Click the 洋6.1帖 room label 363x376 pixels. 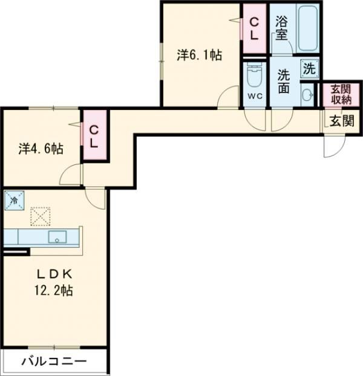(199, 55)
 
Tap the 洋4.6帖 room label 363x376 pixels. (41, 148)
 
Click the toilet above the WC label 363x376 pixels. (254, 76)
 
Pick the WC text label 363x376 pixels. (254, 97)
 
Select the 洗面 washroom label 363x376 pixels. (284, 82)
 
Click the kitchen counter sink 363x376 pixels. (57, 237)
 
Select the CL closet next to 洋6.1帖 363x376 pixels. (254, 28)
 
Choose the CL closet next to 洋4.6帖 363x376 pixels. (94, 136)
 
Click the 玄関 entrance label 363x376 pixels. (341, 120)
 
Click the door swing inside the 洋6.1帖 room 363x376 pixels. (231, 97)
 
